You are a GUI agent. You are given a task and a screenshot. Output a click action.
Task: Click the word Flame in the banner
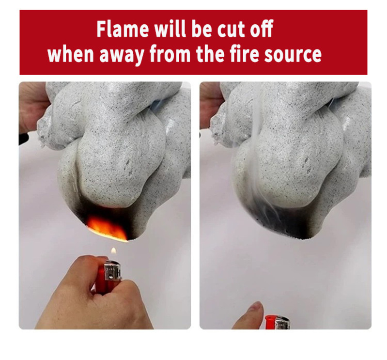point(123,29)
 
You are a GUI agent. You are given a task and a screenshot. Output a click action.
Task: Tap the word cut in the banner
point(231,30)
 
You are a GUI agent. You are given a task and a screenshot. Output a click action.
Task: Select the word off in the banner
point(262,29)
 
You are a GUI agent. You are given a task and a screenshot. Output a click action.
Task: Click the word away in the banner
point(122,55)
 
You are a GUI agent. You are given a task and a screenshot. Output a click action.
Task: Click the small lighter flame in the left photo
point(113,251)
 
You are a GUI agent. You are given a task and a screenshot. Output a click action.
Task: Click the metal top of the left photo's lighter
point(112,271)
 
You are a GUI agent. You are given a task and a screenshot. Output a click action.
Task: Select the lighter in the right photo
point(277,322)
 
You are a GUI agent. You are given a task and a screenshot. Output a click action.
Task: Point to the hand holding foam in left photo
point(31,106)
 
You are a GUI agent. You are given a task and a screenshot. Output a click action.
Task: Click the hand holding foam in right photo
point(210,104)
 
